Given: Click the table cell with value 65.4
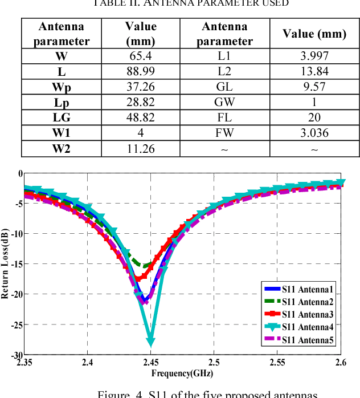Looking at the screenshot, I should [141, 56].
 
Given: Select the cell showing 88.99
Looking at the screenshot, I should [141, 72].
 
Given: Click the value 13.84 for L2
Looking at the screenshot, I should [315, 72].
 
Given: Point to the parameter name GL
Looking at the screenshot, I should [224, 87].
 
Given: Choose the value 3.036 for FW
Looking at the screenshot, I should [315, 133].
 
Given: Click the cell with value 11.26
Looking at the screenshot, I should [141, 149].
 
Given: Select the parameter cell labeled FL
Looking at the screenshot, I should [224, 118].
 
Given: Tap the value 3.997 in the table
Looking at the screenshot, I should [315, 56].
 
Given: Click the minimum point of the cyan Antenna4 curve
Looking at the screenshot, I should [151, 342].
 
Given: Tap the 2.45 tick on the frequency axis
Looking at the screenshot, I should [151, 362].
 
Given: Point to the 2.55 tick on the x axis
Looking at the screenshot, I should [277, 362].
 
